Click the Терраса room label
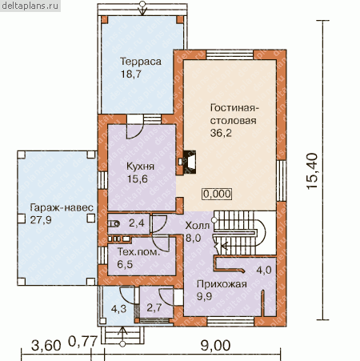pos(141,62)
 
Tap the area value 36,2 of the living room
pos(221,133)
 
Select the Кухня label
pos(140,166)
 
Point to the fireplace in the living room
pos(190,162)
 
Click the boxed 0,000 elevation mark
pos(217,194)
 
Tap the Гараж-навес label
pos(62,207)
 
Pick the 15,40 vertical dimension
pos(312,171)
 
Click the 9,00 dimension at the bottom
pos(215,346)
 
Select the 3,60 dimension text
pos(46,346)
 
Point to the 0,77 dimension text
pos(82,341)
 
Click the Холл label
pos(198,226)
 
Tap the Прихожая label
pos(222,284)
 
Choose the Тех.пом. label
pos(138,252)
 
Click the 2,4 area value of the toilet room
pos(137,223)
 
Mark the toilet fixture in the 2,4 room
pos(114,223)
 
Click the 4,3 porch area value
pos(118,309)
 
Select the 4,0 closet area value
pos(264,270)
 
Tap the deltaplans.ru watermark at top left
pos(30,6)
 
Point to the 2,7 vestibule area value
pos(154,307)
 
